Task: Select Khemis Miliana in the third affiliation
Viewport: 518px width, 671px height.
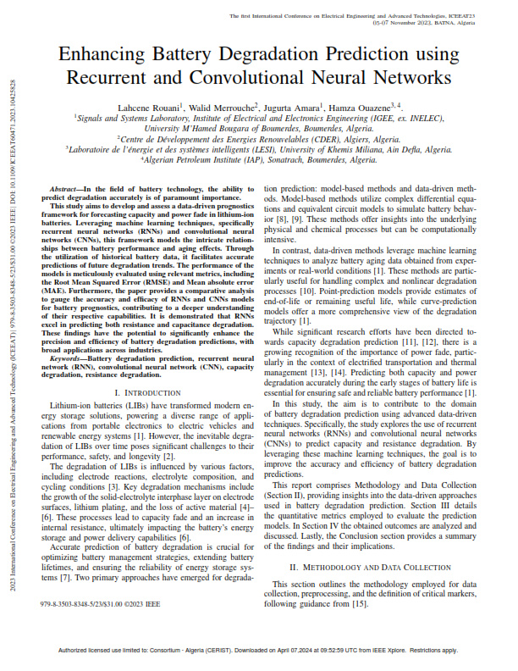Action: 367,147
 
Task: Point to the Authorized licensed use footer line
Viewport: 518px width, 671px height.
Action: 259,651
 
